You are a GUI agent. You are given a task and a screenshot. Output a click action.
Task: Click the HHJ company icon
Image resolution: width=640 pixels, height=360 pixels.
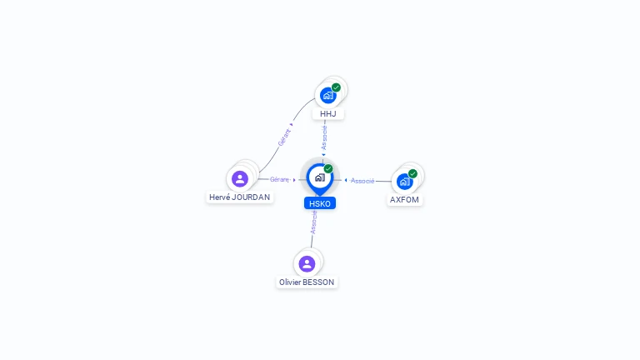[x=328, y=95]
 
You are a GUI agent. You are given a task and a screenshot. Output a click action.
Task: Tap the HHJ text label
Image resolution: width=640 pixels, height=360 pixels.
[x=328, y=113]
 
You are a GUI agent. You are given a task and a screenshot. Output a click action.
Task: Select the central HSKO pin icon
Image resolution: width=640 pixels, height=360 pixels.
[x=319, y=177]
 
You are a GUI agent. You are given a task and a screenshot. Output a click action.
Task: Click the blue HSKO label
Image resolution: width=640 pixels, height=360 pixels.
[x=320, y=203]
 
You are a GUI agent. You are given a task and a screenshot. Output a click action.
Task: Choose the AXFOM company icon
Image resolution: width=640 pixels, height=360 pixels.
[x=405, y=181]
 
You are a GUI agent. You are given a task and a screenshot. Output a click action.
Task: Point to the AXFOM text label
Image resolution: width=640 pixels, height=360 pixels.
[x=405, y=200]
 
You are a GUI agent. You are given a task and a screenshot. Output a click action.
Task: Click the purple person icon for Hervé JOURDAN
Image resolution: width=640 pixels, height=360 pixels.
[x=240, y=178]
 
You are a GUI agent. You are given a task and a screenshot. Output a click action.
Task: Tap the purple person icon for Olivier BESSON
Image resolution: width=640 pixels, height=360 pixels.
[x=307, y=263]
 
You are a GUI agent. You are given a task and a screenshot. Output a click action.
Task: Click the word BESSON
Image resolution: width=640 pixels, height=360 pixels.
[x=319, y=282]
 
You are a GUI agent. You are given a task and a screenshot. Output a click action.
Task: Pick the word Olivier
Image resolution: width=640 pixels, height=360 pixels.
[x=291, y=282]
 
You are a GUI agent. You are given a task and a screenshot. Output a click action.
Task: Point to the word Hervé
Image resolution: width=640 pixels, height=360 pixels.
[x=219, y=197]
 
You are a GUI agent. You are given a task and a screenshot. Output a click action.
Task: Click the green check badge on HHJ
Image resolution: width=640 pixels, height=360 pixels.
[x=336, y=87]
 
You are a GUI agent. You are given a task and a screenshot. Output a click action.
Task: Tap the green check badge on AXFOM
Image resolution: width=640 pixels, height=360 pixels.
[x=412, y=173]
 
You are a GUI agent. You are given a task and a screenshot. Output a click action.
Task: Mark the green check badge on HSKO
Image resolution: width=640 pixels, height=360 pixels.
[x=328, y=169]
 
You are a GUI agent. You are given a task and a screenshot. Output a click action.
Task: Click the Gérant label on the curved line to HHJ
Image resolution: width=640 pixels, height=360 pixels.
[x=284, y=137]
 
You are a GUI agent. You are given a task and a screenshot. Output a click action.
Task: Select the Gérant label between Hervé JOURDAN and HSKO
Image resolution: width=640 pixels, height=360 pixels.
[x=279, y=179]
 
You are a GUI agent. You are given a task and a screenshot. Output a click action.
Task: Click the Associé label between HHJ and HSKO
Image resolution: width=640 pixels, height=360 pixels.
[x=324, y=137]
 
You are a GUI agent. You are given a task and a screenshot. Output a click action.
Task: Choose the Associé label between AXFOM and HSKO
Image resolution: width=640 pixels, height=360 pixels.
[x=362, y=180]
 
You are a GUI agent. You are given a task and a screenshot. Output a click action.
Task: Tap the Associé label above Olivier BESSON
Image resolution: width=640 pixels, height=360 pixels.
[x=314, y=221]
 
